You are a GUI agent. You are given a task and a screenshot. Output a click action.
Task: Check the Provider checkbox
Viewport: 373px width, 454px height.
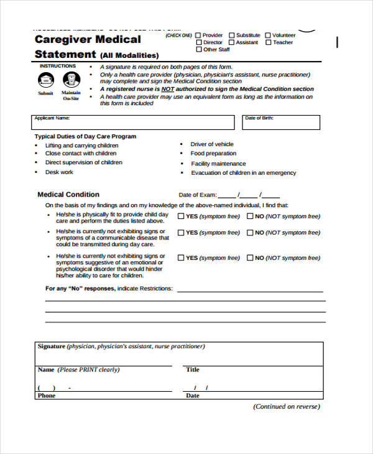click(x=198, y=35)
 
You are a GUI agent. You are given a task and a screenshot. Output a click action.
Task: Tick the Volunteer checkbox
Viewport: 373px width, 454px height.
click(x=268, y=35)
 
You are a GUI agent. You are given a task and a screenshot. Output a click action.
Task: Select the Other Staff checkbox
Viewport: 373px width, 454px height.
click(x=198, y=50)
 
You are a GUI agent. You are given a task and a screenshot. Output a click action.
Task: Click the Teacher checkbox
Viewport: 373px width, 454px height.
click(x=268, y=42)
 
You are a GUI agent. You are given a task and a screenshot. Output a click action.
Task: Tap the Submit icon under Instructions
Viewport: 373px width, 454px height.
click(x=46, y=80)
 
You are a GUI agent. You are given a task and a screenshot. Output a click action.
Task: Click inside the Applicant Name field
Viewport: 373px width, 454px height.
click(x=134, y=123)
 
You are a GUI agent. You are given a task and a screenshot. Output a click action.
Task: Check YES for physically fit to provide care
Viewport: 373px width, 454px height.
click(x=181, y=216)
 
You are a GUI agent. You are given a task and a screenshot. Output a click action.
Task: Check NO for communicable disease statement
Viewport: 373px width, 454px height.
click(x=251, y=233)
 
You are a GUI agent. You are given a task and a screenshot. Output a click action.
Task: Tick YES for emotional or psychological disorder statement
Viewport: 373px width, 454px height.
click(x=181, y=257)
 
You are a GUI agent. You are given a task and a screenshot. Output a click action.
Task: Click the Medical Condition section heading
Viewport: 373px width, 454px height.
click(x=68, y=195)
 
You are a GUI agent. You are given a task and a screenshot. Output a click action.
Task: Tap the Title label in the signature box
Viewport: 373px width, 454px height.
click(x=193, y=369)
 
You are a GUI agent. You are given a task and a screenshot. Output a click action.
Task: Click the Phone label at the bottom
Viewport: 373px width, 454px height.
click(x=47, y=396)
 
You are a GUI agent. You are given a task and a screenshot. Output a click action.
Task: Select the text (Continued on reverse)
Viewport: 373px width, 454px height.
click(x=286, y=407)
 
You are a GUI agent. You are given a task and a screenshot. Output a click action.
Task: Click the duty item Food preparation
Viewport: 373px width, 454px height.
click(x=213, y=154)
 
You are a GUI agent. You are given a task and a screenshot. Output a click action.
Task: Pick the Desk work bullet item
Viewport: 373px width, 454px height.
click(x=59, y=172)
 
